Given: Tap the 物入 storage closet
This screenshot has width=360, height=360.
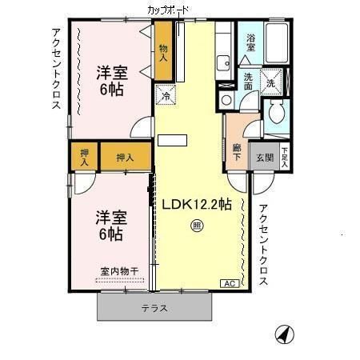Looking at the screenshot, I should pyautogui.click(x=164, y=53).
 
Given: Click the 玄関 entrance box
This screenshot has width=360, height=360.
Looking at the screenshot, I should pyautogui.click(x=264, y=158).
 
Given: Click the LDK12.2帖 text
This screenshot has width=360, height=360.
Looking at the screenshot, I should pyautogui.click(x=197, y=204).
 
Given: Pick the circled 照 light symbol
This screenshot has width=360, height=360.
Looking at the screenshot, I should pyautogui.click(x=197, y=226).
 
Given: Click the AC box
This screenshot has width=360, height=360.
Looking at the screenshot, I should pyautogui.click(x=227, y=283).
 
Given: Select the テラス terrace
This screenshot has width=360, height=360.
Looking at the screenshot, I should pyautogui.click(x=155, y=308).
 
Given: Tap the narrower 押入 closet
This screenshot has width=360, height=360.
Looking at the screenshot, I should pyautogui.click(x=84, y=157).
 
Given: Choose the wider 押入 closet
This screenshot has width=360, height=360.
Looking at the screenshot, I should pyautogui.click(x=125, y=157).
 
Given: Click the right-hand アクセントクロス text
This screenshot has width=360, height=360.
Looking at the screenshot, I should pyautogui.click(x=264, y=245).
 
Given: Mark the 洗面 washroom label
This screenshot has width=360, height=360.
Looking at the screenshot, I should pyautogui.click(x=249, y=82).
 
